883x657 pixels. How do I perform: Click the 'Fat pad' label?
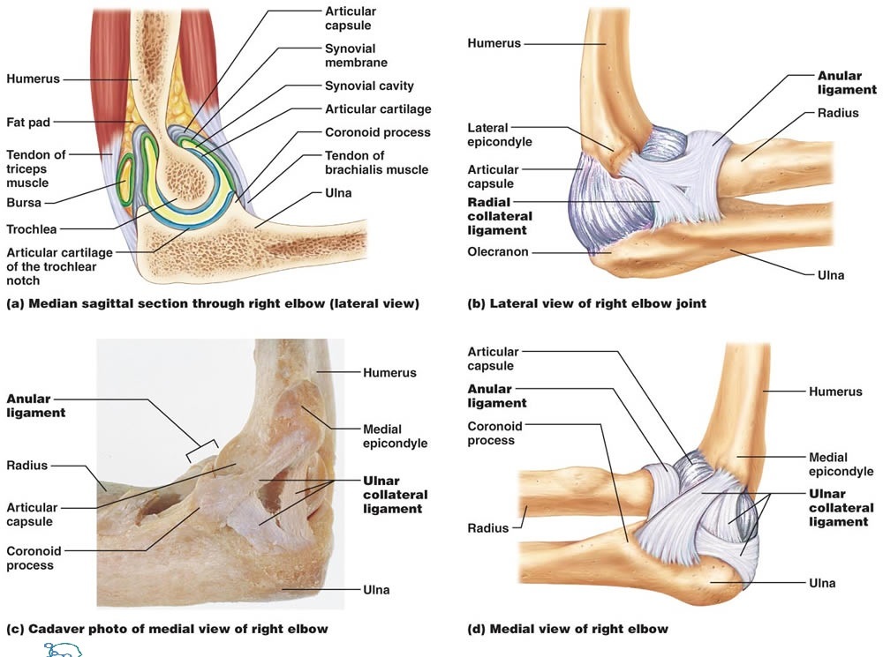28,121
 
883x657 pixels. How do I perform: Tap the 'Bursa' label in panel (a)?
24,202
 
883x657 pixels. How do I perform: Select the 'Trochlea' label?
32,229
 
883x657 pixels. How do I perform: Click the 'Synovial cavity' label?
369,86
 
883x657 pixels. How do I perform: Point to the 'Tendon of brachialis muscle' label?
376,162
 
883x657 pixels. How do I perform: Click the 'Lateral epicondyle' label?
499,135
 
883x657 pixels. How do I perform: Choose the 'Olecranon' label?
497,252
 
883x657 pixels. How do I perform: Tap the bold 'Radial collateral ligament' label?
499,216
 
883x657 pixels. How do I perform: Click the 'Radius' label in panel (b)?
837,113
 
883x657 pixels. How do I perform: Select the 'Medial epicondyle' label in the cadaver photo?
395,437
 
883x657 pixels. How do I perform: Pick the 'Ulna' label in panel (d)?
822,583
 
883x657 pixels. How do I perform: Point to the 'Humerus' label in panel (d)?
835,392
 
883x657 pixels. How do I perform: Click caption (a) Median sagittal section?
212,304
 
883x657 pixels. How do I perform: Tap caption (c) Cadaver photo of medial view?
167,629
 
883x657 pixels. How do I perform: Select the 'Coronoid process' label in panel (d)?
494,433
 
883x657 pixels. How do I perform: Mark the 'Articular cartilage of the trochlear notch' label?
51,266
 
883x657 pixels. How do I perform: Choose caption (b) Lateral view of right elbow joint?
586,304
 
